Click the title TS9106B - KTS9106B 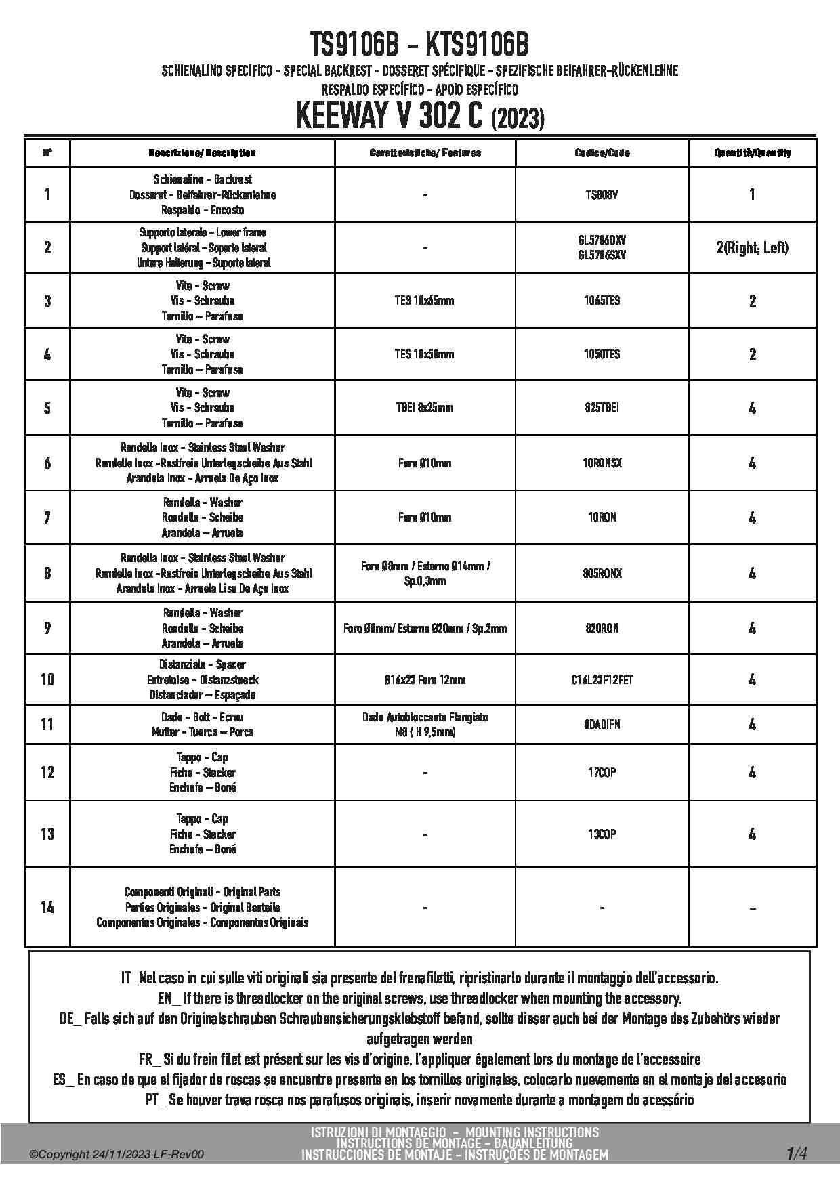(x=419, y=45)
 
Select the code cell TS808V (x=602, y=195)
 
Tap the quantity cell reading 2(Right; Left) (x=752, y=248)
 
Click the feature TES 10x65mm (x=424, y=301)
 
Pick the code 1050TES (x=602, y=354)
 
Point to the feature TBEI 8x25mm (x=424, y=408)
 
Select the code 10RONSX (x=602, y=463)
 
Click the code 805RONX (x=602, y=573)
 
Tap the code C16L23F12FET (x=602, y=679)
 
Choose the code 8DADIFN (x=602, y=725)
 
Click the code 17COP (x=602, y=772)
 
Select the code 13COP (x=602, y=834)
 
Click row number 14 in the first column (x=47, y=907)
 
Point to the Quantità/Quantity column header (x=752, y=153)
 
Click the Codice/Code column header (x=602, y=153)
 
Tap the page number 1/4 (x=796, y=1153)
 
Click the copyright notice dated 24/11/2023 (x=117, y=1155)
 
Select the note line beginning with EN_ (x=419, y=998)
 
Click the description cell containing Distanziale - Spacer (x=202, y=679)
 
